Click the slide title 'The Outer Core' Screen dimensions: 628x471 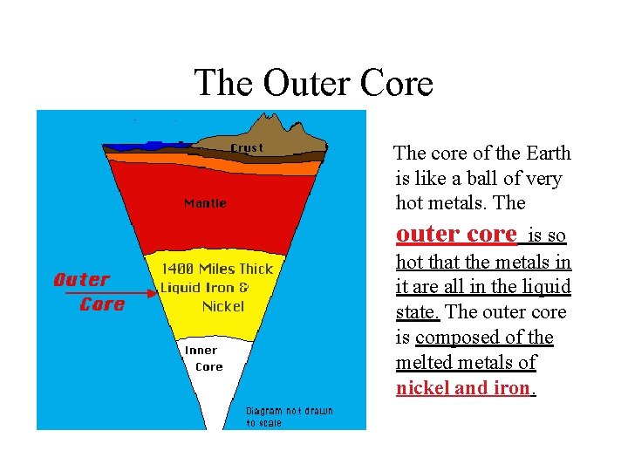pyautogui.click(x=313, y=84)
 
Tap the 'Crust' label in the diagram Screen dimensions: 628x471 pyautogui.click(x=246, y=148)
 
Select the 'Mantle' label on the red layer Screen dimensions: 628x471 pyautogui.click(x=205, y=203)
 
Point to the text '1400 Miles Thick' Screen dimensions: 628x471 pyautogui.click(x=216, y=270)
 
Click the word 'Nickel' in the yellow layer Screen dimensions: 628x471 pyautogui.click(x=223, y=306)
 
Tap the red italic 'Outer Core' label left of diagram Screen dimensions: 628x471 pyautogui.click(x=89, y=291)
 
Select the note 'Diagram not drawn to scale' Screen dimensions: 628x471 pyautogui.click(x=289, y=416)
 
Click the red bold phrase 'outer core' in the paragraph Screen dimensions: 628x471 pyautogui.click(x=456, y=234)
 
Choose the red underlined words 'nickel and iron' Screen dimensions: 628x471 pyautogui.click(x=463, y=388)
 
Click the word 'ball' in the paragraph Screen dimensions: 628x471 pyautogui.click(x=476, y=179)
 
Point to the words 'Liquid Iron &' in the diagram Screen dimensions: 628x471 pyautogui.click(x=205, y=288)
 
